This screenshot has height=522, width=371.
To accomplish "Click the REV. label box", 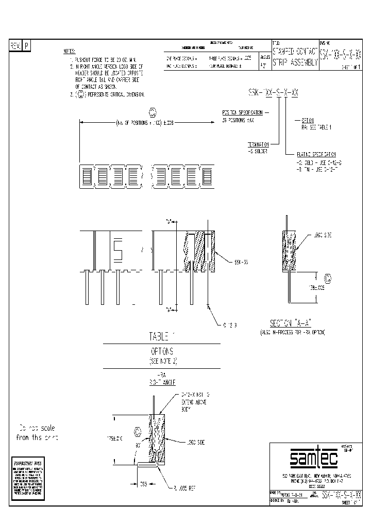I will pyautogui.click(x=15, y=46).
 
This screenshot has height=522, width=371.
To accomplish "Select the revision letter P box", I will pyautogui.click(x=27, y=46).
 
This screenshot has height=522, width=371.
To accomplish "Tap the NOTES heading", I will pyautogui.click(x=69, y=52).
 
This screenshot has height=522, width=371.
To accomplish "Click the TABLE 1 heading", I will pyautogui.click(x=162, y=337).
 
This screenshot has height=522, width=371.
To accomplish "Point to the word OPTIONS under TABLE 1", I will pyautogui.click(x=162, y=351).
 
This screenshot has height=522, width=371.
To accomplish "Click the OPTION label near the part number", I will pyautogui.click(x=308, y=118).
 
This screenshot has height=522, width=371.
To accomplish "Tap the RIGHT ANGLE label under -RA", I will pyautogui.click(x=161, y=383).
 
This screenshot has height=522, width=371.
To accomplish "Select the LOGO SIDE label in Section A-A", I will pyautogui.click(x=322, y=235).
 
